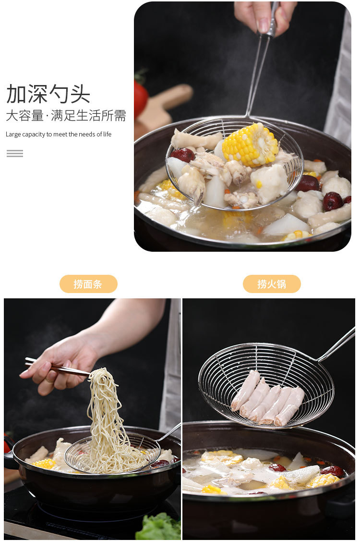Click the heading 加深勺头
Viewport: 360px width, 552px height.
48,94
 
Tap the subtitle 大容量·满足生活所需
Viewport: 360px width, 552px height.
66,116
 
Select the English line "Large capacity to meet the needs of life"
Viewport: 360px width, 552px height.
59,135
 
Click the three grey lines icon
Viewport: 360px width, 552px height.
15,154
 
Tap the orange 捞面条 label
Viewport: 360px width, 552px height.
88,284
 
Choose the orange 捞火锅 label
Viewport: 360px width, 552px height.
272,284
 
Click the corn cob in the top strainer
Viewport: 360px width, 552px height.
250,144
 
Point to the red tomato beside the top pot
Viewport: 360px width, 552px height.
141,98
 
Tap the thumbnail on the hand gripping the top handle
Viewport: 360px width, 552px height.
263,25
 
